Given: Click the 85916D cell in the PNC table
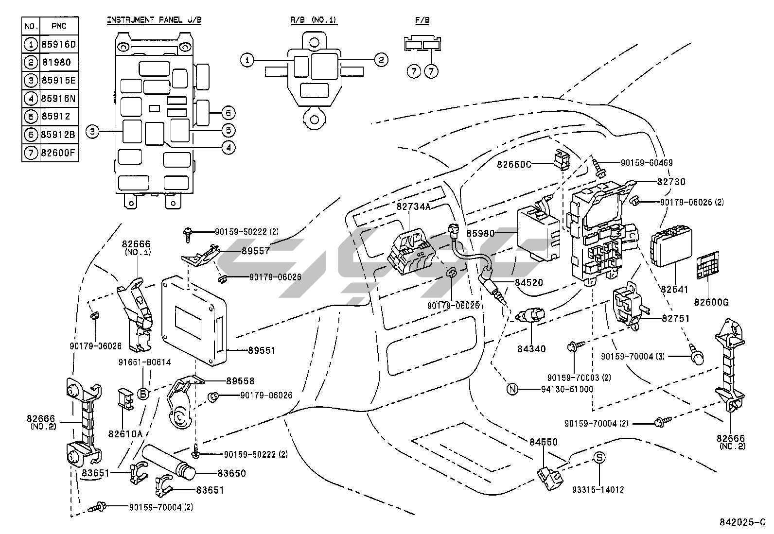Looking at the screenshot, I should point(59,45).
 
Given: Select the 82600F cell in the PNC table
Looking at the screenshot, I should point(59,153).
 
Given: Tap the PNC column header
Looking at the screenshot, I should point(59,26).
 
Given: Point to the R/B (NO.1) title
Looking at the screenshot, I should point(314,20).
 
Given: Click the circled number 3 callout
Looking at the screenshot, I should point(92,131).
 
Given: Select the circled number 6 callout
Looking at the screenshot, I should point(228,113).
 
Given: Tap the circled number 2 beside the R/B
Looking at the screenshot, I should point(381,60).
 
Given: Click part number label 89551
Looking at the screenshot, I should point(262,350).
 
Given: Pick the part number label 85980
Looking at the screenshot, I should point(480,233).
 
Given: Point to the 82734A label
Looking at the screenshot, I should point(413,207).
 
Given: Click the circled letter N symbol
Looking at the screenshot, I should point(512,389).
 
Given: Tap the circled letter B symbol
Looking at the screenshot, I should point(143,394).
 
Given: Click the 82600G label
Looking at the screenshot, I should point(711,302).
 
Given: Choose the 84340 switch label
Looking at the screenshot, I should point(531,348).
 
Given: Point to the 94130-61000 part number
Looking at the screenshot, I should point(567,389).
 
